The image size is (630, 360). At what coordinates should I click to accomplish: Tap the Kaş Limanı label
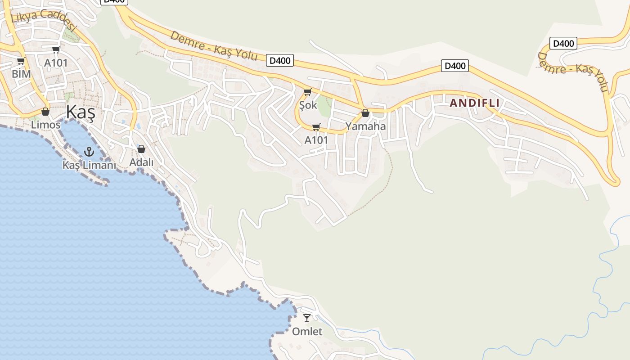(x=89, y=165)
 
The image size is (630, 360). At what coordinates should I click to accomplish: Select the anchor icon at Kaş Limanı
(x=89, y=152)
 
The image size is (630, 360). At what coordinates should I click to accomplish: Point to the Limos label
(x=45, y=125)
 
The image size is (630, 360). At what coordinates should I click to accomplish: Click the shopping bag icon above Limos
(x=45, y=112)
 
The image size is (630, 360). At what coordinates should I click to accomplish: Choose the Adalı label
(x=141, y=162)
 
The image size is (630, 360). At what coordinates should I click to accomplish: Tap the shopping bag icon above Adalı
(x=141, y=149)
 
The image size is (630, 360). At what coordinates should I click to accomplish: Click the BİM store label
(x=21, y=74)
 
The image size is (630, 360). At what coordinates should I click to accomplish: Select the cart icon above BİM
(x=21, y=61)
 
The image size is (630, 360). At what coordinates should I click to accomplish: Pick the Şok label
(x=308, y=105)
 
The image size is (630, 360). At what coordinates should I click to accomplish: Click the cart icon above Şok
(x=308, y=92)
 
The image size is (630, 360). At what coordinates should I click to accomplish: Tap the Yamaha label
(x=365, y=126)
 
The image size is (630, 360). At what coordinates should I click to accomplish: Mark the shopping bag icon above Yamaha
(x=365, y=113)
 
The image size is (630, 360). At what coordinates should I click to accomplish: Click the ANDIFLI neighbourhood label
(x=475, y=103)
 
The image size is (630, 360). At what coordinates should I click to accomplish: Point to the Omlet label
(x=307, y=332)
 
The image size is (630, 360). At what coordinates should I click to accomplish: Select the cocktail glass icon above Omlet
(x=307, y=318)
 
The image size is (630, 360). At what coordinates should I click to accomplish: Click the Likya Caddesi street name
(x=44, y=20)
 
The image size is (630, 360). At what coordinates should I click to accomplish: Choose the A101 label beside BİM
(x=56, y=63)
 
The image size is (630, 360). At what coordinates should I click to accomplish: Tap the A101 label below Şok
(x=316, y=140)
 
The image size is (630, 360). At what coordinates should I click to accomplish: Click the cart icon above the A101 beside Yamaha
(x=316, y=127)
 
